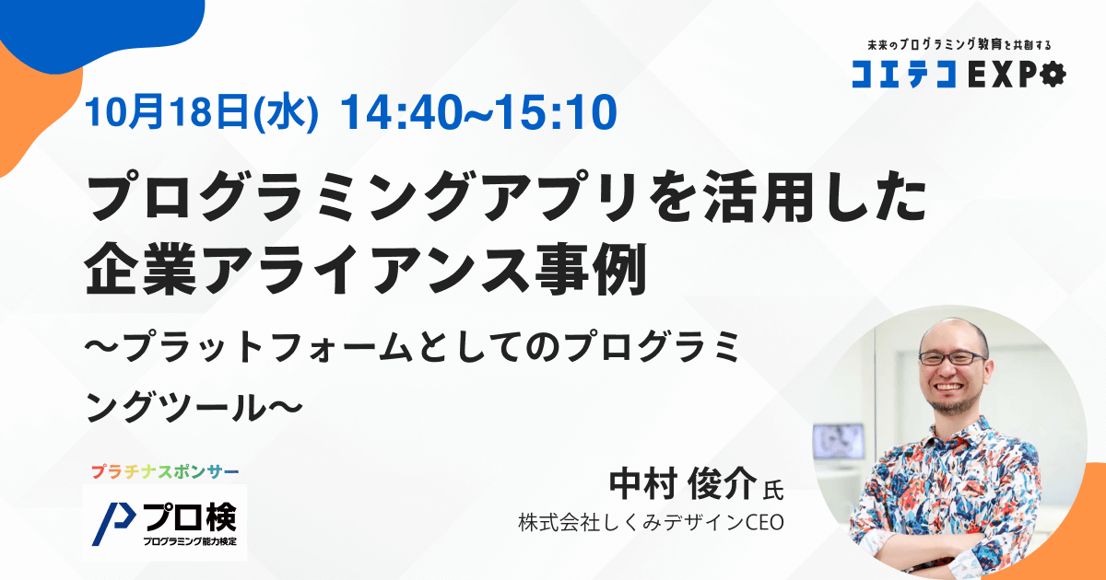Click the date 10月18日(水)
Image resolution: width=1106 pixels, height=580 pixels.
point(202,113)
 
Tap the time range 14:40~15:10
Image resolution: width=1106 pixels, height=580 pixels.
point(479,113)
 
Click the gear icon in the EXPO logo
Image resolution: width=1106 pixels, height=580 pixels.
point(1053,75)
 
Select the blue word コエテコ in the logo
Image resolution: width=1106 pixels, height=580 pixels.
point(903,75)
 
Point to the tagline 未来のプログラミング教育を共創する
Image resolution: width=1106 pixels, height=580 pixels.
point(959,45)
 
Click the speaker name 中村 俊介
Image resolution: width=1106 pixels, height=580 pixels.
point(683,484)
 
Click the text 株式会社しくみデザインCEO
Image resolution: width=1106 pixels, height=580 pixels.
point(652,523)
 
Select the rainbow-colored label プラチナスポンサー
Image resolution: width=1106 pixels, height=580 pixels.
point(165,472)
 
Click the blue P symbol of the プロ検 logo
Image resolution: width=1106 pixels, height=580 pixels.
point(113,524)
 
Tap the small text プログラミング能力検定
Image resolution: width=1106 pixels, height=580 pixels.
point(190,541)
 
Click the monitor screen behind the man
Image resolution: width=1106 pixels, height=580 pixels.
point(838,442)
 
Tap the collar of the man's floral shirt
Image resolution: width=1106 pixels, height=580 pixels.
point(956,432)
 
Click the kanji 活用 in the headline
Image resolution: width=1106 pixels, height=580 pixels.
point(758,197)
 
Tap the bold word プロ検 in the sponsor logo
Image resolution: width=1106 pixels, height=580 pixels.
point(190,516)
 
